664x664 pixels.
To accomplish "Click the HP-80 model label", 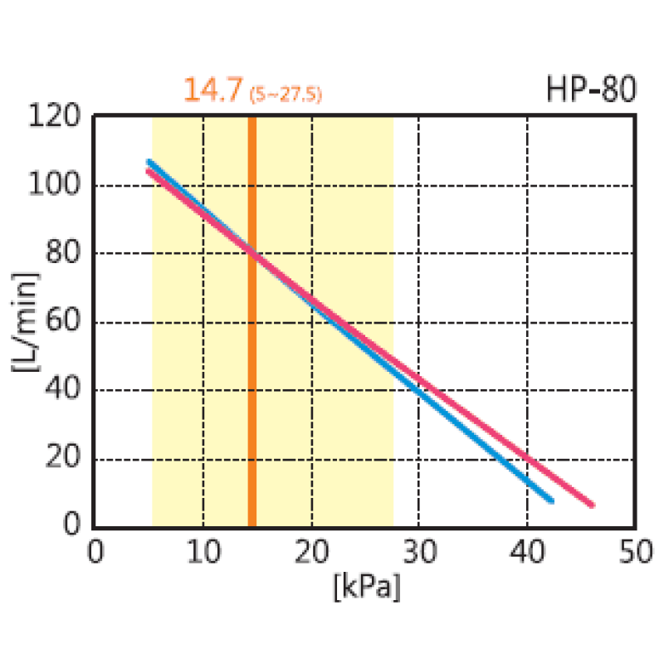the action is point(591,89).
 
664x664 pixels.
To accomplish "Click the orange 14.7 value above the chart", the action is point(213,90).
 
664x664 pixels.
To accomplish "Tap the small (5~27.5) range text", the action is point(286,94).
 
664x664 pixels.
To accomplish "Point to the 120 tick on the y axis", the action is point(54,115).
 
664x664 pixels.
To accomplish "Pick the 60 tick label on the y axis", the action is point(63,320).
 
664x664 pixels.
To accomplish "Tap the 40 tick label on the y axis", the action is point(63,388).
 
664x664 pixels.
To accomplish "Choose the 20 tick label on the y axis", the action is point(63,456).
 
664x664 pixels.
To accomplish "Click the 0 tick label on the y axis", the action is point(71,524).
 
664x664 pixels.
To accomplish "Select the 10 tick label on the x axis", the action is point(204,551).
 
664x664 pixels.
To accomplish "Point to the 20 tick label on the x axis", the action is point(312,551).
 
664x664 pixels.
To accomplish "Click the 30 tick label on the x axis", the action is point(420,551).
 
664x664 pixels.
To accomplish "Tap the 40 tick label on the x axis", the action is point(527,551).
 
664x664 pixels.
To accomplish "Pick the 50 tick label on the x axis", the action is point(636,551).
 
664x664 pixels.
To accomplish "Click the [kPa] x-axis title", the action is point(367,587).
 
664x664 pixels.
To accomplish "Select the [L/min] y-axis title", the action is point(26,322).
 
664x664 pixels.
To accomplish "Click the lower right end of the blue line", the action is point(552,501).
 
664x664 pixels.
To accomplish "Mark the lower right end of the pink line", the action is point(593,505).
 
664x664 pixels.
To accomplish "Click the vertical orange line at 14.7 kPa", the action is point(252,322).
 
